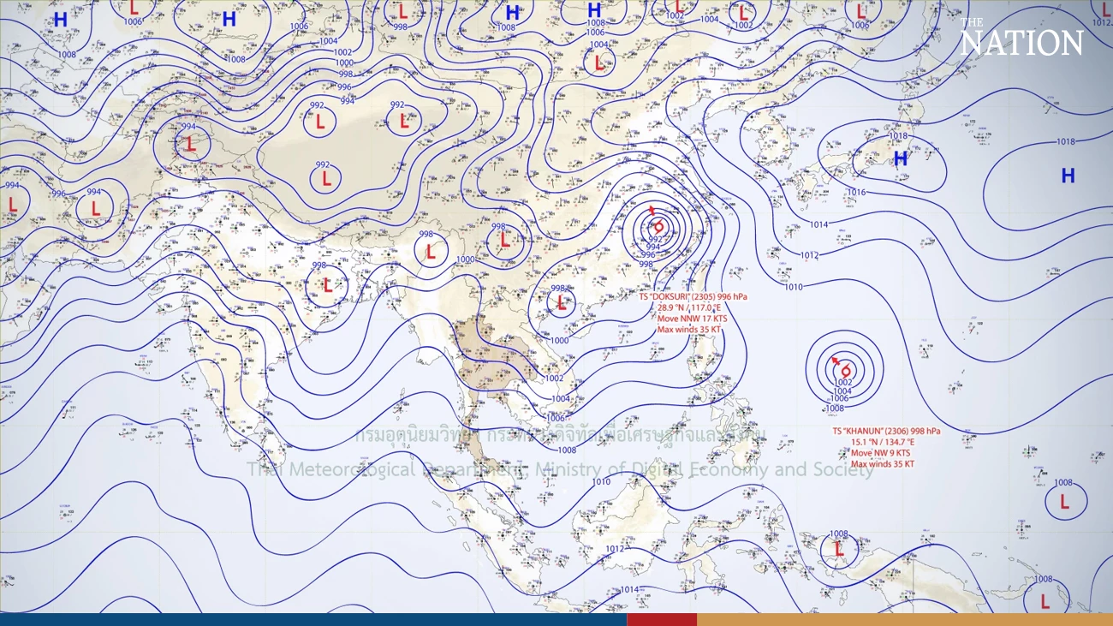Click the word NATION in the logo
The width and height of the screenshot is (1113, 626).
(1021, 43)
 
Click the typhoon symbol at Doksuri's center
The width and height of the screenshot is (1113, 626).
(658, 226)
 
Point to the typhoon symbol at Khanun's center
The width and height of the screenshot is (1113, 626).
(845, 369)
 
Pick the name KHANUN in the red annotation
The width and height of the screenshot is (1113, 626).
(868, 432)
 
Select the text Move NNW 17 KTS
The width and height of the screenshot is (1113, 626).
(692, 319)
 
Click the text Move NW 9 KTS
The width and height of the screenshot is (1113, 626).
(880, 453)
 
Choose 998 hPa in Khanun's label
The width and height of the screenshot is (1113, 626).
(925, 432)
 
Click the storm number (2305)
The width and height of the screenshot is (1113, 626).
(712, 297)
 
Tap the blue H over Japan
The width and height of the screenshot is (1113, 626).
(901, 159)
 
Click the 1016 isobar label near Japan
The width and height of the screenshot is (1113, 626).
(857, 192)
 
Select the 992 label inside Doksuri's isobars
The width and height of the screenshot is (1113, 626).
(656, 239)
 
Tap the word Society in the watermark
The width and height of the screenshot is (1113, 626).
(842, 469)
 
